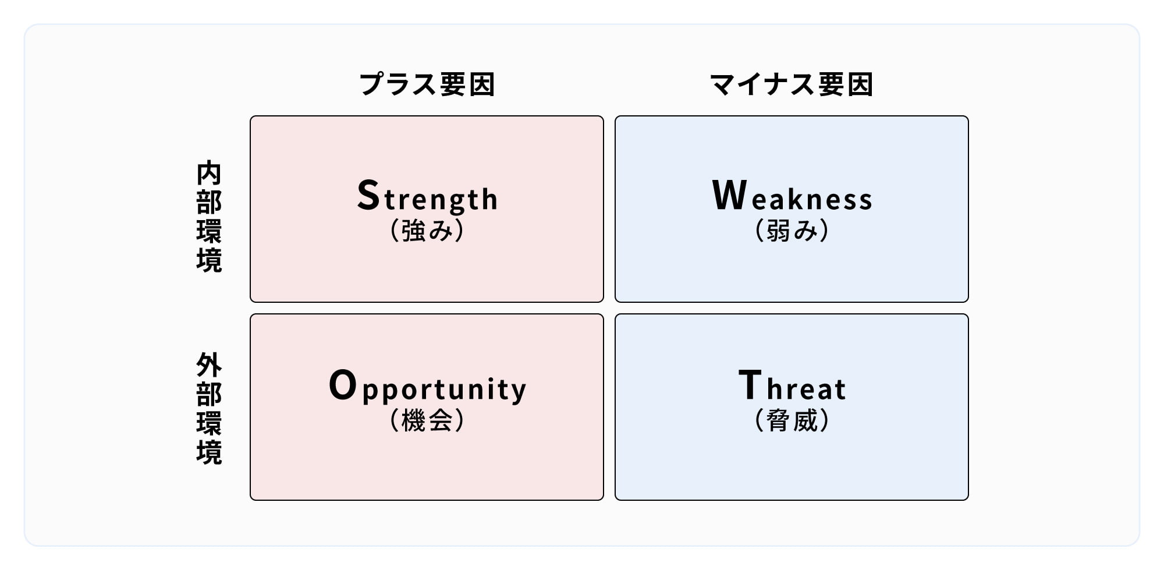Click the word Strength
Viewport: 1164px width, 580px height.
coord(427,197)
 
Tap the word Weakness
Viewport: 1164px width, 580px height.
coord(792,195)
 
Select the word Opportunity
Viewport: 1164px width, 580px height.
coord(428,387)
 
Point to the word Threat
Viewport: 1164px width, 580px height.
coord(792,385)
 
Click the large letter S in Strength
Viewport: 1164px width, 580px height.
coord(368,194)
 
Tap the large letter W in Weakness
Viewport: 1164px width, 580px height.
coord(729,194)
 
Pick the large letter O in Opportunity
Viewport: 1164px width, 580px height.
coord(343,385)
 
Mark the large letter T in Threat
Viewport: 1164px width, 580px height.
coord(750,384)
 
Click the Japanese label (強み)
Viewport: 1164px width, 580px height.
coord(427,230)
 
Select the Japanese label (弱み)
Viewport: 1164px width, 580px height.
coord(792,230)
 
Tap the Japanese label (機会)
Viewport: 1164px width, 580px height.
coord(427,420)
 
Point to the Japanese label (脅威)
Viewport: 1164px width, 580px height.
coord(792,420)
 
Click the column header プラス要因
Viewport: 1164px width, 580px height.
coord(427,84)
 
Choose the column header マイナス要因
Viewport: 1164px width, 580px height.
coord(792,84)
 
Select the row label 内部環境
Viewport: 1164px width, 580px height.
coord(209,217)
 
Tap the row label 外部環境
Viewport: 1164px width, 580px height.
coord(209,408)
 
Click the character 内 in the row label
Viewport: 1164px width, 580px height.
coord(209,173)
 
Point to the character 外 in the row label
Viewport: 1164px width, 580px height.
coord(209,365)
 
